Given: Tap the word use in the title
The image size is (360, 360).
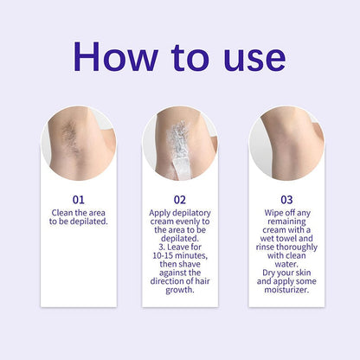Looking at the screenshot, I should [243, 57].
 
